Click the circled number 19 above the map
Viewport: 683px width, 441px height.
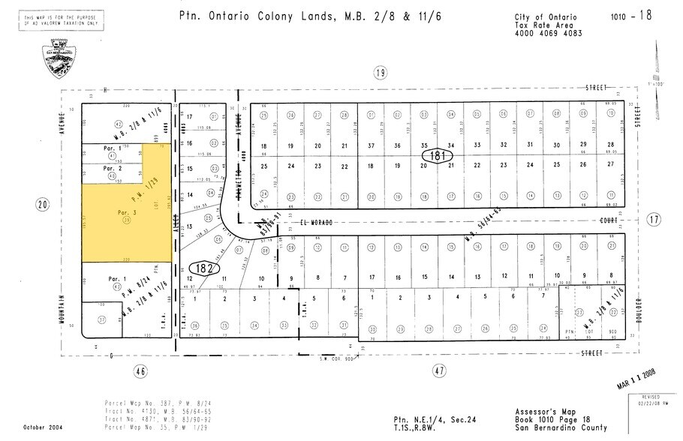click(381, 72)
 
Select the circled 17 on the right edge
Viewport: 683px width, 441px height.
click(654, 220)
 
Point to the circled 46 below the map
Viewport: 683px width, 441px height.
click(140, 370)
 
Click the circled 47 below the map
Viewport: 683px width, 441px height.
click(441, 370)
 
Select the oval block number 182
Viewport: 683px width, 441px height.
click(204, 268)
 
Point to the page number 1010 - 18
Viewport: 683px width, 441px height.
click(631, 15)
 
